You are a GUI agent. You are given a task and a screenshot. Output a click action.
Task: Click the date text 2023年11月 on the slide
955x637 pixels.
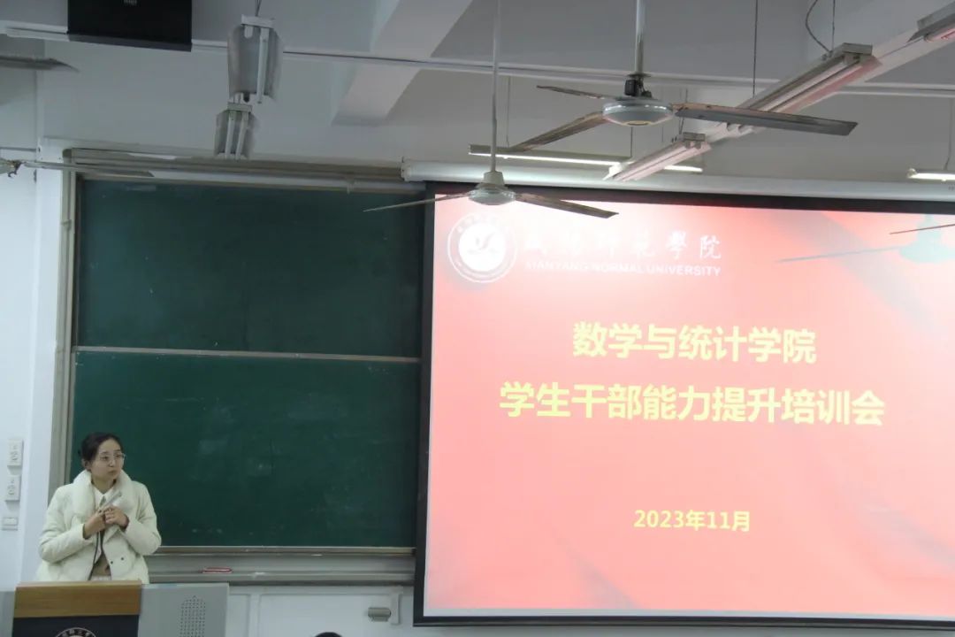691,519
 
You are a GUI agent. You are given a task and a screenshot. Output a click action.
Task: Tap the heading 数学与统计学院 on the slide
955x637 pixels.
694,342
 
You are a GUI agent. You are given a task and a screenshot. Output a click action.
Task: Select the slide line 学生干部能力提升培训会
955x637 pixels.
692,408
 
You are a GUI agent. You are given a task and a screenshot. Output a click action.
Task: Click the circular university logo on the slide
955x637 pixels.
481,247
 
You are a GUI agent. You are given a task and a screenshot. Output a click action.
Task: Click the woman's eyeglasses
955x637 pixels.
110,457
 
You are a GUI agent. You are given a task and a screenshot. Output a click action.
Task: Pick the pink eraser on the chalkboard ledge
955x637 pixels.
215,570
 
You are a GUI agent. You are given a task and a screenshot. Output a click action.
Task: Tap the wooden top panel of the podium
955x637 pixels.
76,600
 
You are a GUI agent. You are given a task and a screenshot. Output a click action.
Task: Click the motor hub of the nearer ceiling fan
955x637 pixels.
493,193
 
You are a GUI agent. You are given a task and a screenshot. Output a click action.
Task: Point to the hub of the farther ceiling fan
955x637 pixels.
637,109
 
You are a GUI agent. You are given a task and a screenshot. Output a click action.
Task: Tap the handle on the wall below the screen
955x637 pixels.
379,612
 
